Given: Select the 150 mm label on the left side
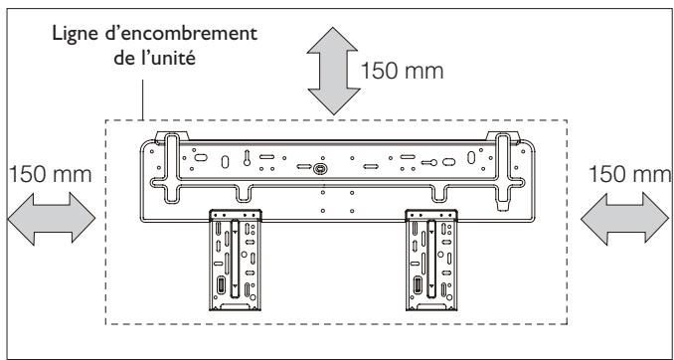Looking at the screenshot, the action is pos(50,175).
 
